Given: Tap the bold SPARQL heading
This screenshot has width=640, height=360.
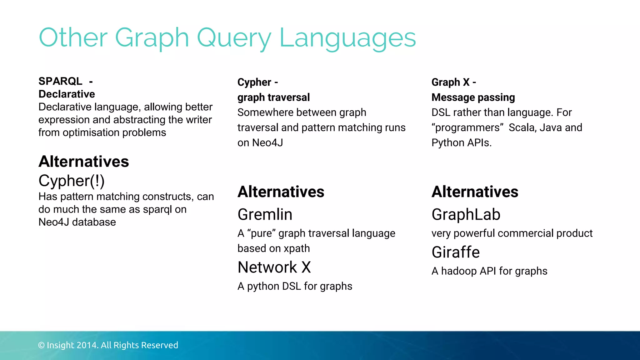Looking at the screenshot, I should pyautogui.click(x=60, y=81).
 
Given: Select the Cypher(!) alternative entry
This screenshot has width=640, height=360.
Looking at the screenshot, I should pyautogui.click(x=71, y=181).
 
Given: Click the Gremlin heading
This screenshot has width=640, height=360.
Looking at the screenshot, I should pyautogui.click(x=265, y=214).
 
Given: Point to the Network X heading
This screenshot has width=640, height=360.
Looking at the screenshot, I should pyautogui.click(x=274, y=267).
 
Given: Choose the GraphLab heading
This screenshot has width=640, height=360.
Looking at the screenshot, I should pyautogui.click(x=466, y=214).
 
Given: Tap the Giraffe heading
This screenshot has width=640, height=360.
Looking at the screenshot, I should pyautogui.click(x=455, y=252).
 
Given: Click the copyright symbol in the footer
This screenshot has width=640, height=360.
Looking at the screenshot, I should pyautogui.click(x=41, y=345).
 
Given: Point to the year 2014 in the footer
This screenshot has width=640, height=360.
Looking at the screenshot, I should pyautogui.click(x=87, y=345).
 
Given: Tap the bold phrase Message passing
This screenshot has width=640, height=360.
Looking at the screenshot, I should pyautogui.click(x=473, y=97).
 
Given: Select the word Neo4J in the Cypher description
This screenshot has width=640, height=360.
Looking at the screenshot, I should pyautogui.click(x=267, y=143).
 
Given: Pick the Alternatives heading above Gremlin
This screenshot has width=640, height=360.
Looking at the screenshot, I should pyautogui.click(x=281, y=192).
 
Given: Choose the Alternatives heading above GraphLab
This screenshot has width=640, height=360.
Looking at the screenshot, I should pyautogui.click(x=475, y=192).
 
